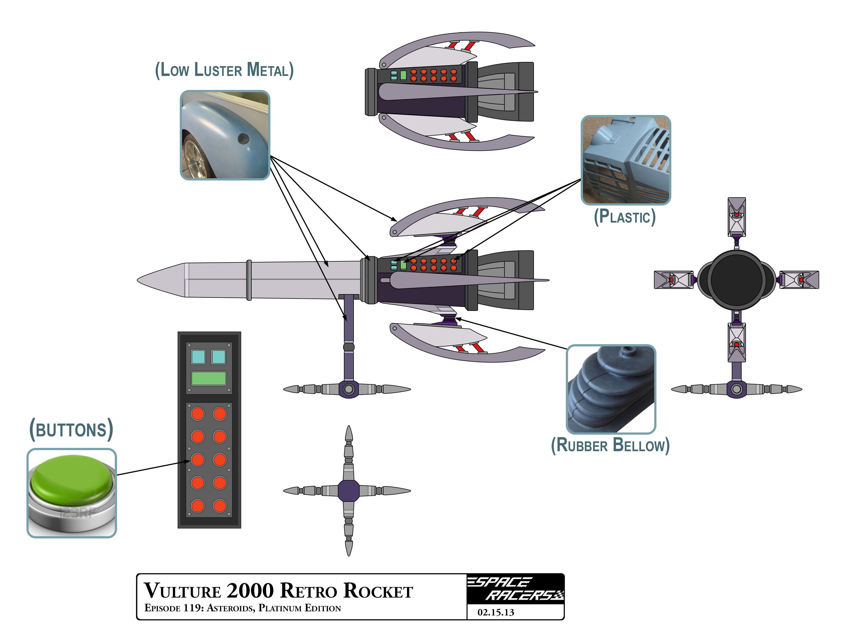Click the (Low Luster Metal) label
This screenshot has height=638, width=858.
coord(224,70)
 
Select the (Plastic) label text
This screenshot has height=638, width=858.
coord(625,217)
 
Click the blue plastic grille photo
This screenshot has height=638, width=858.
coord(626,160)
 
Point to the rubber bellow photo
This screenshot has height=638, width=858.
coord(611,389)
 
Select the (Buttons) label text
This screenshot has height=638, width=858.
coord(72,429)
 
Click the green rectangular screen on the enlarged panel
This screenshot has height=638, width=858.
coord(209,378)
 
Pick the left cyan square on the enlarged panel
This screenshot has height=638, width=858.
coord(198,357)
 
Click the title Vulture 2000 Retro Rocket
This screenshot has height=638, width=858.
coord(278,591)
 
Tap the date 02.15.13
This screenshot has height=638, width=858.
coord(496,612)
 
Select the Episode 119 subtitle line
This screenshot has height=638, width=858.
coord(243,608)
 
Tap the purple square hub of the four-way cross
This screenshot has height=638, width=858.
coord(349,491)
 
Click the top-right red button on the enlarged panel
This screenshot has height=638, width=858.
coord(219,414)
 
